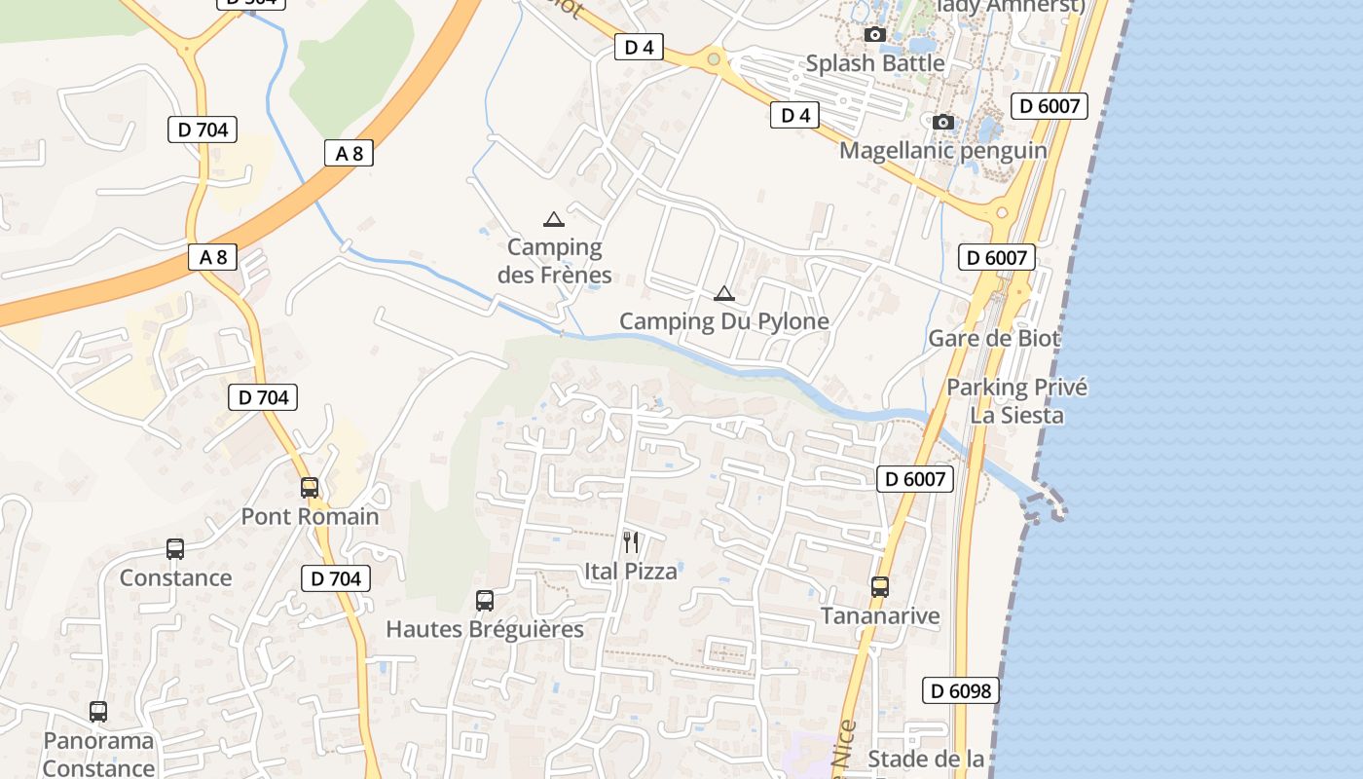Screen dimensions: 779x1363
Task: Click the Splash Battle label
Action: click(874, 63)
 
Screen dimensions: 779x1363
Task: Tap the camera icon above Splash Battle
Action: click(874, 35)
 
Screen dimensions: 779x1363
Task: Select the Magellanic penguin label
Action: click(942, 150)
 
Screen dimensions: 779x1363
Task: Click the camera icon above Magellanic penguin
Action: click(942, 122)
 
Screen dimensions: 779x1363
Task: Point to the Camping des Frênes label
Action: click(554, 261)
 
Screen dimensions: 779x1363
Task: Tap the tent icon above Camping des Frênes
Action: click(553, 219)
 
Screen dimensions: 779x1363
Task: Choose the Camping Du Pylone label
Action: click(723, 321)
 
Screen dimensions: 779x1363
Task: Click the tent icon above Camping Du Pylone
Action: click(723, 293)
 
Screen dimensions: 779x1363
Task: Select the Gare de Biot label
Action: click(994, 339)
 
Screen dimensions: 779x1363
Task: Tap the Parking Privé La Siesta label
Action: click(1016, 401)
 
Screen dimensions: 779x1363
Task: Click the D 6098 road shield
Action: click(960, 691)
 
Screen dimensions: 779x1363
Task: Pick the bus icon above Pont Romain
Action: click(310, 488)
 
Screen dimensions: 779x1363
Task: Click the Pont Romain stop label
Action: click(310, 516)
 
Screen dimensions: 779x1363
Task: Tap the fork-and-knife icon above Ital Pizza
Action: click(631, 542)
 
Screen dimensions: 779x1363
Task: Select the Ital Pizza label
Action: click(631, 572)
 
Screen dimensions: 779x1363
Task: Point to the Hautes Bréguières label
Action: click(485, 629)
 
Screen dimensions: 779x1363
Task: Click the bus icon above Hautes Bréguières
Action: click(485, 601)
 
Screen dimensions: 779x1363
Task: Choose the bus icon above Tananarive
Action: click(880, 587)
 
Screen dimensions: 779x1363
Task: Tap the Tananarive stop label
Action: click(880, 615)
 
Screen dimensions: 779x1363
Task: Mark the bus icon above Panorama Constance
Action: click(98, 712)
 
